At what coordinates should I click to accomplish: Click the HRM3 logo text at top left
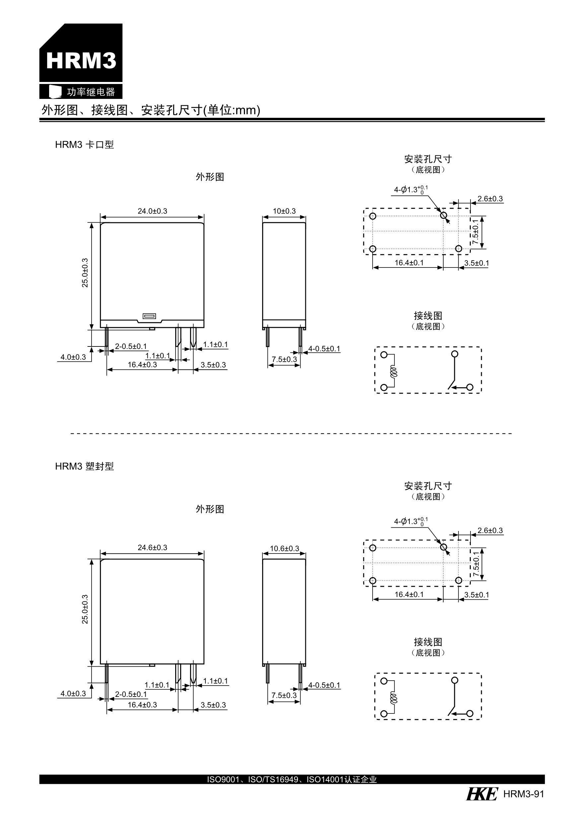(x=81, y=60)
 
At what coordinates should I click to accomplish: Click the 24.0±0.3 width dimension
(x=152, y=211)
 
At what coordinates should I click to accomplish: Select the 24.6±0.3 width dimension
(x=152, y=547)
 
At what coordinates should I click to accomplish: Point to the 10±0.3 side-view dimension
(x=284, y=211)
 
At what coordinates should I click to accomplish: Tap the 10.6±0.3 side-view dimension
(x=284, y=548)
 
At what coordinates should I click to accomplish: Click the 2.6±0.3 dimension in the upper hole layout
(x=490, y=198)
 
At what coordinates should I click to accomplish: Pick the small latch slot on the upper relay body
(x=149, y=316)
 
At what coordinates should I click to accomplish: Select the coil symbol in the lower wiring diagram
(x=394, y=697)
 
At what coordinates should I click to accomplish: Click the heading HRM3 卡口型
(x=84, y=144)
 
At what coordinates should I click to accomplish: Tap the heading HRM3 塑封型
(x=84, y=466)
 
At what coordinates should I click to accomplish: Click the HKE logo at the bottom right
(x=482, y=794)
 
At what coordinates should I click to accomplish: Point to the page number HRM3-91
(x=523, y=794)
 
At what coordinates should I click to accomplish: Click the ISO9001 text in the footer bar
(x=223, y=779)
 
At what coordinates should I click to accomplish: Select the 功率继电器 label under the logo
(x=91, y=92)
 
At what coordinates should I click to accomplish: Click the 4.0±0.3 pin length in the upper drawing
(x=73, y=357)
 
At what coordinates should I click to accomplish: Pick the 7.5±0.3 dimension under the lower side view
(x=284, y=695)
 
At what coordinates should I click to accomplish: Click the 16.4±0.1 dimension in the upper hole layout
(x=409, y=263)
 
